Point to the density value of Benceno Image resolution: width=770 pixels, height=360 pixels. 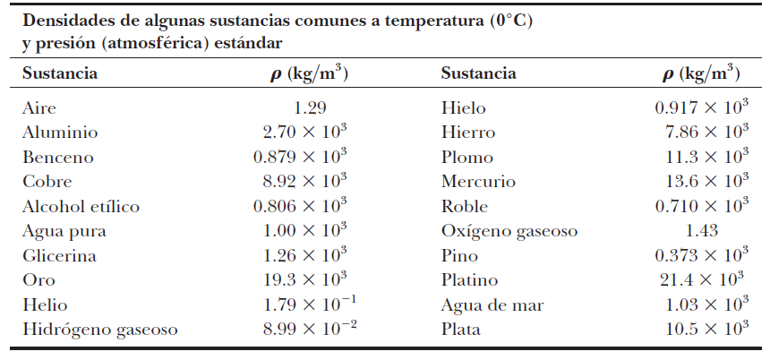coord(300,158)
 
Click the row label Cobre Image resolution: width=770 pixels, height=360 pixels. coord(48,182)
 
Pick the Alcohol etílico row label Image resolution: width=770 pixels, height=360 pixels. coord(81,207)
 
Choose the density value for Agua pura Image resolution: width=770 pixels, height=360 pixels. coord(305,231)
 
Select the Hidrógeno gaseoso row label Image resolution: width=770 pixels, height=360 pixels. coord(99,330)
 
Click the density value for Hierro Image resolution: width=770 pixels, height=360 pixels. coord(706,133)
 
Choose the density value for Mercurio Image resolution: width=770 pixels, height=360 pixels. coord(706,182)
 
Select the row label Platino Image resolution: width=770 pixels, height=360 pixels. coord(469,280)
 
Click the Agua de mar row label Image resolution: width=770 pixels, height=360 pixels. coord(492,305)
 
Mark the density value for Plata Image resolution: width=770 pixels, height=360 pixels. coord(706,330)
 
